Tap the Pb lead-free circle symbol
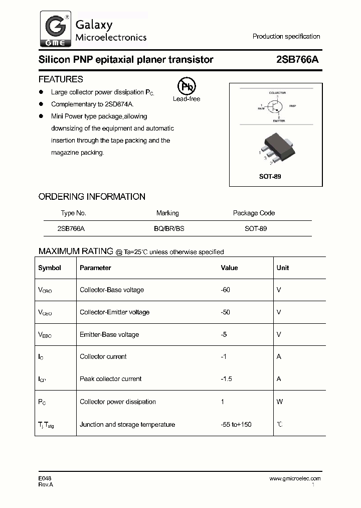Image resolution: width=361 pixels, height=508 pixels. pyautogui.click(x=186, y=87)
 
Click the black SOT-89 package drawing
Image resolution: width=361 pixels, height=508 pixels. pyautogui.click(x=274, y=149)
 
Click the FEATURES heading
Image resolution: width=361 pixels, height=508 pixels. pyautogui.click(x=61, y=79)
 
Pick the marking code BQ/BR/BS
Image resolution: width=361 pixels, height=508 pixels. pyautogui.click(x=169, y=228)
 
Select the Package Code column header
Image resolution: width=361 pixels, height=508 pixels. pyautogui.click(x=254, y=213)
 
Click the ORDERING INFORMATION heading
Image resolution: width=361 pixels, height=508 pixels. pyautogui.click(x=92, y=197)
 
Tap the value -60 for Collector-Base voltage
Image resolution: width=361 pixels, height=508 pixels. pyautogui.click(x=226, y=290)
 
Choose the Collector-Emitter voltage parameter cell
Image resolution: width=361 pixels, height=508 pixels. pyautogui.click(x=114, y=312)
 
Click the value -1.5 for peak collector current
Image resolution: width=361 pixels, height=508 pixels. pyautogui.click(x=226, y=379)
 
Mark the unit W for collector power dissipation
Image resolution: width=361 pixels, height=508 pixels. pyautogui.click(x=279, y=402)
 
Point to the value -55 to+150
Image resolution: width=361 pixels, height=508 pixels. pyautogui.click(x=236, y=425)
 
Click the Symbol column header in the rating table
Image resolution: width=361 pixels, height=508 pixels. pyautogui.click(x=50, y=268)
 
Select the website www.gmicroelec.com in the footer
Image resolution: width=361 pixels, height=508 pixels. pyautogui.click(x=295, y=478)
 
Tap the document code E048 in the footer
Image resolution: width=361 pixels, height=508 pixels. pyautogui.click(x=45, y=478)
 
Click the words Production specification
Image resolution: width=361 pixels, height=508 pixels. pyautogui.click(x=286, y=37)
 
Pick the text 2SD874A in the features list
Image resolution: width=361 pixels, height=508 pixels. pyautogui.click(x=118, y=104)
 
